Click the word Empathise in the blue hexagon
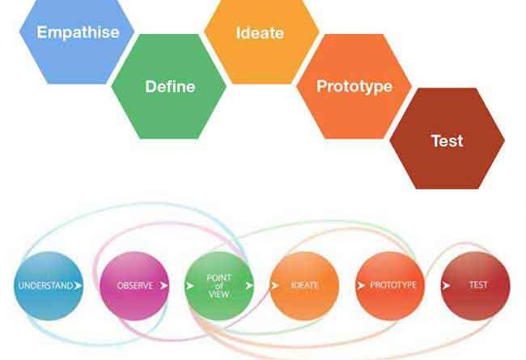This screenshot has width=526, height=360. coord(78,33)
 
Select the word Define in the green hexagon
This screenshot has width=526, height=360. coord(170,87)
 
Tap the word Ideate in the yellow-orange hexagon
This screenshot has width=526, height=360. coord(260,33)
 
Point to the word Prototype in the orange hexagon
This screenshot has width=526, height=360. coord(354,87)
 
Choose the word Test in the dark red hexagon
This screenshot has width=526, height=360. coord(448,141)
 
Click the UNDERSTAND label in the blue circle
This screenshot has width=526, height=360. coord(45,286)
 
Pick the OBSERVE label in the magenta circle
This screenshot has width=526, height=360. coord(135,286)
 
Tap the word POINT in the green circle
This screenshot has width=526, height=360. coord(218,277)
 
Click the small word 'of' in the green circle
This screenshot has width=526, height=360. coord(219,286)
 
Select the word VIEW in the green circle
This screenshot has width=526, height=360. coord(218,294)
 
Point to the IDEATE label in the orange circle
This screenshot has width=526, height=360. coord(304,285)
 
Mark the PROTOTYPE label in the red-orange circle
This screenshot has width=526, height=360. coord(393,285)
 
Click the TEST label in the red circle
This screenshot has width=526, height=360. coord(478,285)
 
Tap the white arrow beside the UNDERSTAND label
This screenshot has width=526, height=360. coord(78,286)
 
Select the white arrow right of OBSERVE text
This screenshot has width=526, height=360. coord(163,286)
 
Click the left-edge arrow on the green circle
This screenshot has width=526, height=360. coord(190,286)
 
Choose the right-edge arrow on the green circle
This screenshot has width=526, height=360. coord(249,286)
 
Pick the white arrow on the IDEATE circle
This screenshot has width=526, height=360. coord(275,286)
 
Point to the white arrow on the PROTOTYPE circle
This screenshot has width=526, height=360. coord(361,286)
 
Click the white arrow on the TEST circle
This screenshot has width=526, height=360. coord(446,286)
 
